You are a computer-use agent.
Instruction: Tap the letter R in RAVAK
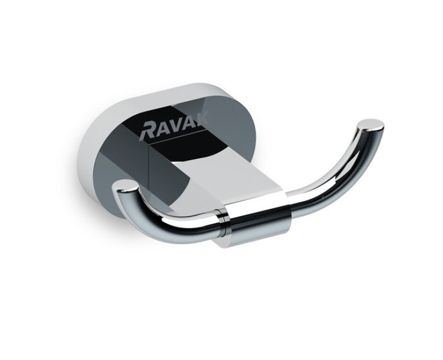coord(147,131)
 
